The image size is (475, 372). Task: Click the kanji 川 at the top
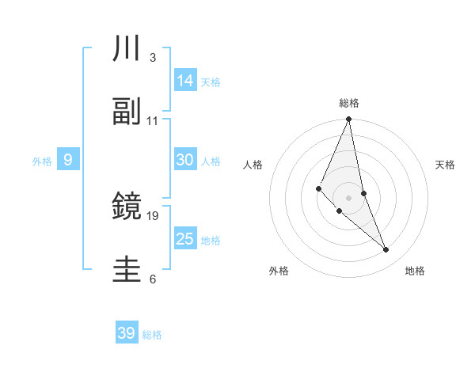[127, 49]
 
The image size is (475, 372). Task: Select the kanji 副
[127, 112]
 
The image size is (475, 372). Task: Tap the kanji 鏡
[127, 207]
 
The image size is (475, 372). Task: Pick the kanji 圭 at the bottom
[127, 270]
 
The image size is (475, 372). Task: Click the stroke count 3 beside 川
[153, 58]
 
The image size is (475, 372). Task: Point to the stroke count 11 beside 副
[153, 121]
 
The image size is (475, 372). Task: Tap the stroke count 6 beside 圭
[153, 279]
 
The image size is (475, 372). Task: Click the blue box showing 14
[185, 81]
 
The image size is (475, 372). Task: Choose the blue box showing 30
[185, 160]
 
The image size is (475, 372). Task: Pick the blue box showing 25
[185, 239]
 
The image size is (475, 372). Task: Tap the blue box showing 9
[68, 160]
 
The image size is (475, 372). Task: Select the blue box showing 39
[127, 333]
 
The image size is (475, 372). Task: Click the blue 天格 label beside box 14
[211, 82]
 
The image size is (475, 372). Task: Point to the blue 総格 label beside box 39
[152, 335]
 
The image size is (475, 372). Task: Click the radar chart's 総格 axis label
[349, 103]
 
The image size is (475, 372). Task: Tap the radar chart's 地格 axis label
[415, 271]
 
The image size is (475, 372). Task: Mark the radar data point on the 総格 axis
[349, 120]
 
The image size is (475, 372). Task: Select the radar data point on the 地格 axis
[386, 249]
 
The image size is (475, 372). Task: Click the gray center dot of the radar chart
[349, 197]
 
